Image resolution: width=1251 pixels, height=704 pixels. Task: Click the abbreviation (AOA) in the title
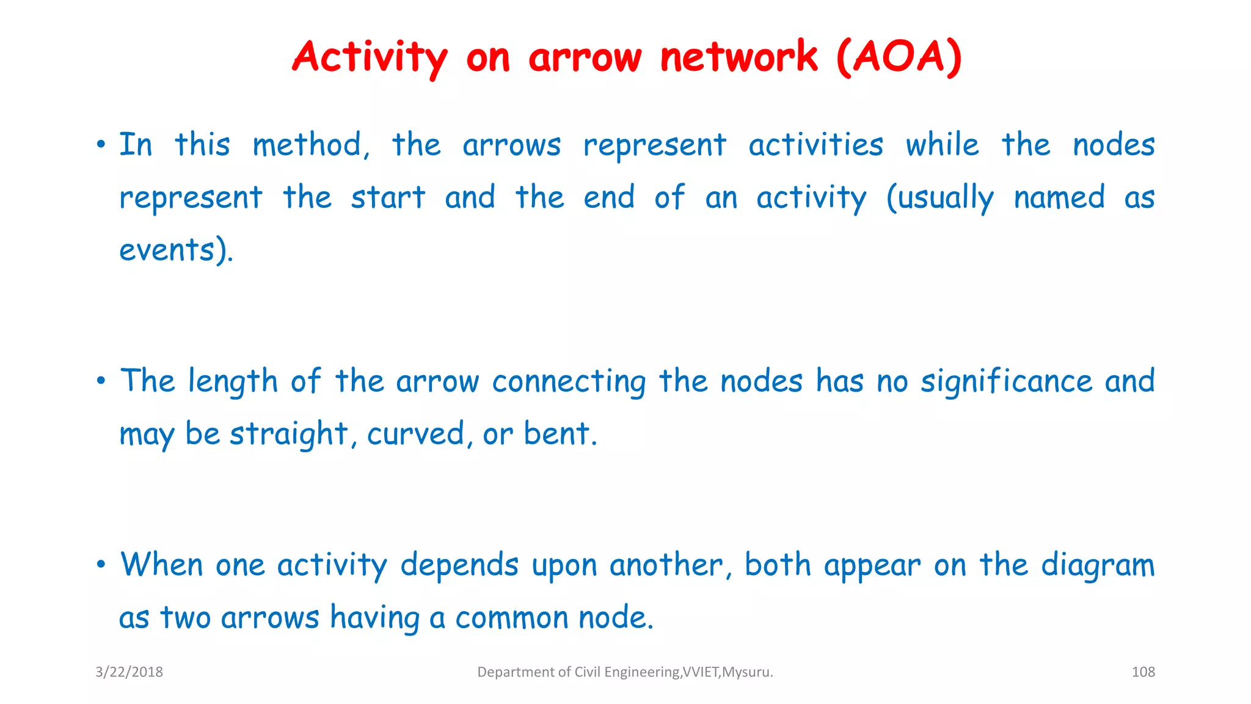(x=899, y=57)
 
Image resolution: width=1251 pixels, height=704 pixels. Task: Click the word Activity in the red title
(x=370, y=57)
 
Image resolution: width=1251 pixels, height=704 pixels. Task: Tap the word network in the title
(x=739, y=57)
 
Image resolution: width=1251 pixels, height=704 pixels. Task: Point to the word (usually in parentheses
(x=939, y=198)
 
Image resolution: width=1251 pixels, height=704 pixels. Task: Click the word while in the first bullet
(x=942, y=145)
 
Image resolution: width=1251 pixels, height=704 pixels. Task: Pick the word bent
(x=557, y=435)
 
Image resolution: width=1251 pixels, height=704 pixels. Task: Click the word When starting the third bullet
(x=161, y=565)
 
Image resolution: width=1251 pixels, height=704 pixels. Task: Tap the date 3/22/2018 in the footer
(x=129, y=672)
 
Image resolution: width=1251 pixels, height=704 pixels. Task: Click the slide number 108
(x=1143, y=672)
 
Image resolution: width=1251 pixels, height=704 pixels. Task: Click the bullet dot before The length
(x=101, y=381)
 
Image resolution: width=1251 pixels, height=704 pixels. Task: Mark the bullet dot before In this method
(x=101, y=145)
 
